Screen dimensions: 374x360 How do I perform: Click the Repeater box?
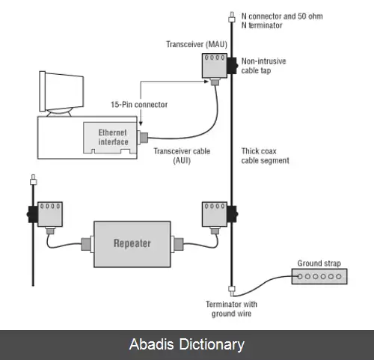tap(132, 244)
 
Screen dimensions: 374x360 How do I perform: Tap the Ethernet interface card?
tap(110, 138)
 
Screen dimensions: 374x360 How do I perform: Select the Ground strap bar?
tap(319, 276)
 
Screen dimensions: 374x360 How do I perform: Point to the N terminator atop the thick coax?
tap(232, 17)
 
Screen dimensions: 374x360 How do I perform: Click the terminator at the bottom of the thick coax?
tap(232, 290)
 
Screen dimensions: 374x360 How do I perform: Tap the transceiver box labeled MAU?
tap(215, 65)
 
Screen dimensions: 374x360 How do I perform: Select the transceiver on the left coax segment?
tap(50, 214)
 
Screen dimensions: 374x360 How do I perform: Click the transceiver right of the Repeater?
tap(215, 214)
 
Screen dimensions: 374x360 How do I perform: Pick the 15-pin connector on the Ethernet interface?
tap(143, 137)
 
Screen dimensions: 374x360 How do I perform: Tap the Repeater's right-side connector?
tap(177, 244)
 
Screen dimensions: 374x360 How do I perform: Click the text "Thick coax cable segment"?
tap(265, 156)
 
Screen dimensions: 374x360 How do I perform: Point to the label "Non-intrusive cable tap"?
tap(263, 66)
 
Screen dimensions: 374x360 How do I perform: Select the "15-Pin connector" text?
tap(139, 105)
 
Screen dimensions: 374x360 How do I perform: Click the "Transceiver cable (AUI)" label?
tap(182, 156)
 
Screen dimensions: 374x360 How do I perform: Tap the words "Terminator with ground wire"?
tap(231, 309)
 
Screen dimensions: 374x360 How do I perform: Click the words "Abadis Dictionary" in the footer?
tap(187, 344)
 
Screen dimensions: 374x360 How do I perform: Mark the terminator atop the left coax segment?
tap(33, 180)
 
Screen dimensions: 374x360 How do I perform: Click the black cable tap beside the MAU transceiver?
tap(233, 66)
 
